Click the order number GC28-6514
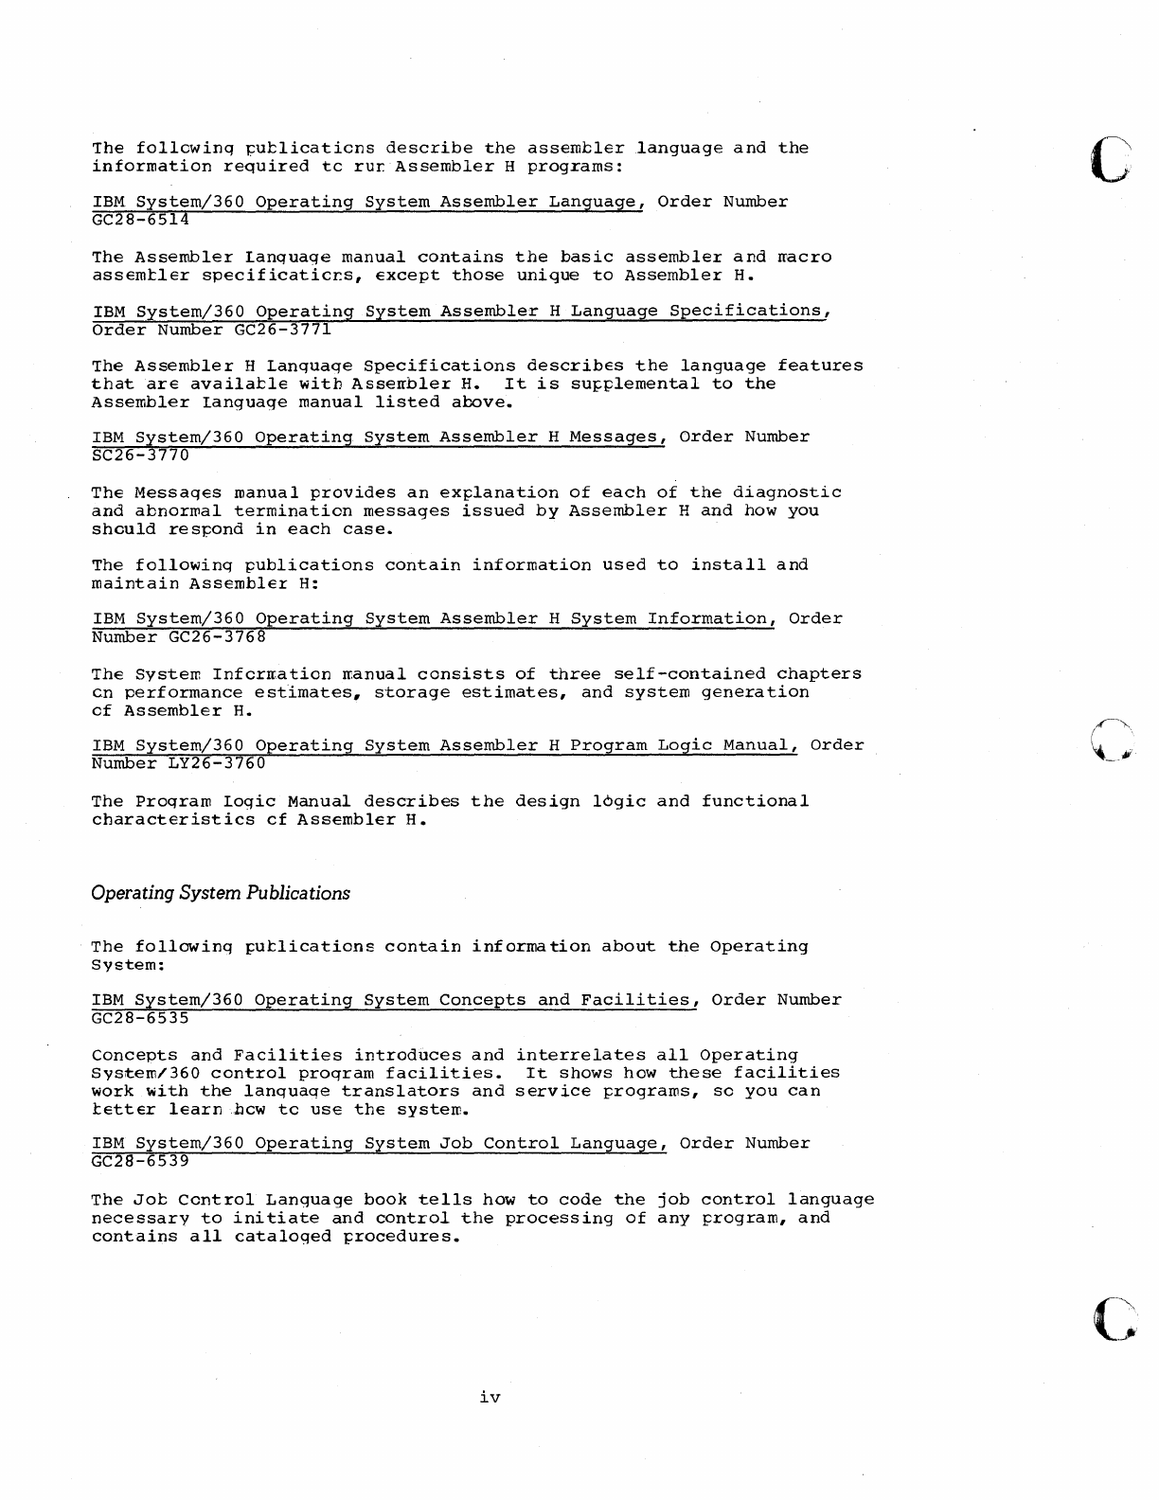(x=140, y=221)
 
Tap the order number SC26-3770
(x=140, y=455)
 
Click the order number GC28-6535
(x=140, y=1018)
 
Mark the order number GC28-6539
(x=140, y=1161)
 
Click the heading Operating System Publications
(x=221, y=893)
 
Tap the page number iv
(x=490, y=1397)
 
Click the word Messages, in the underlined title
(x=618, y=437)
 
